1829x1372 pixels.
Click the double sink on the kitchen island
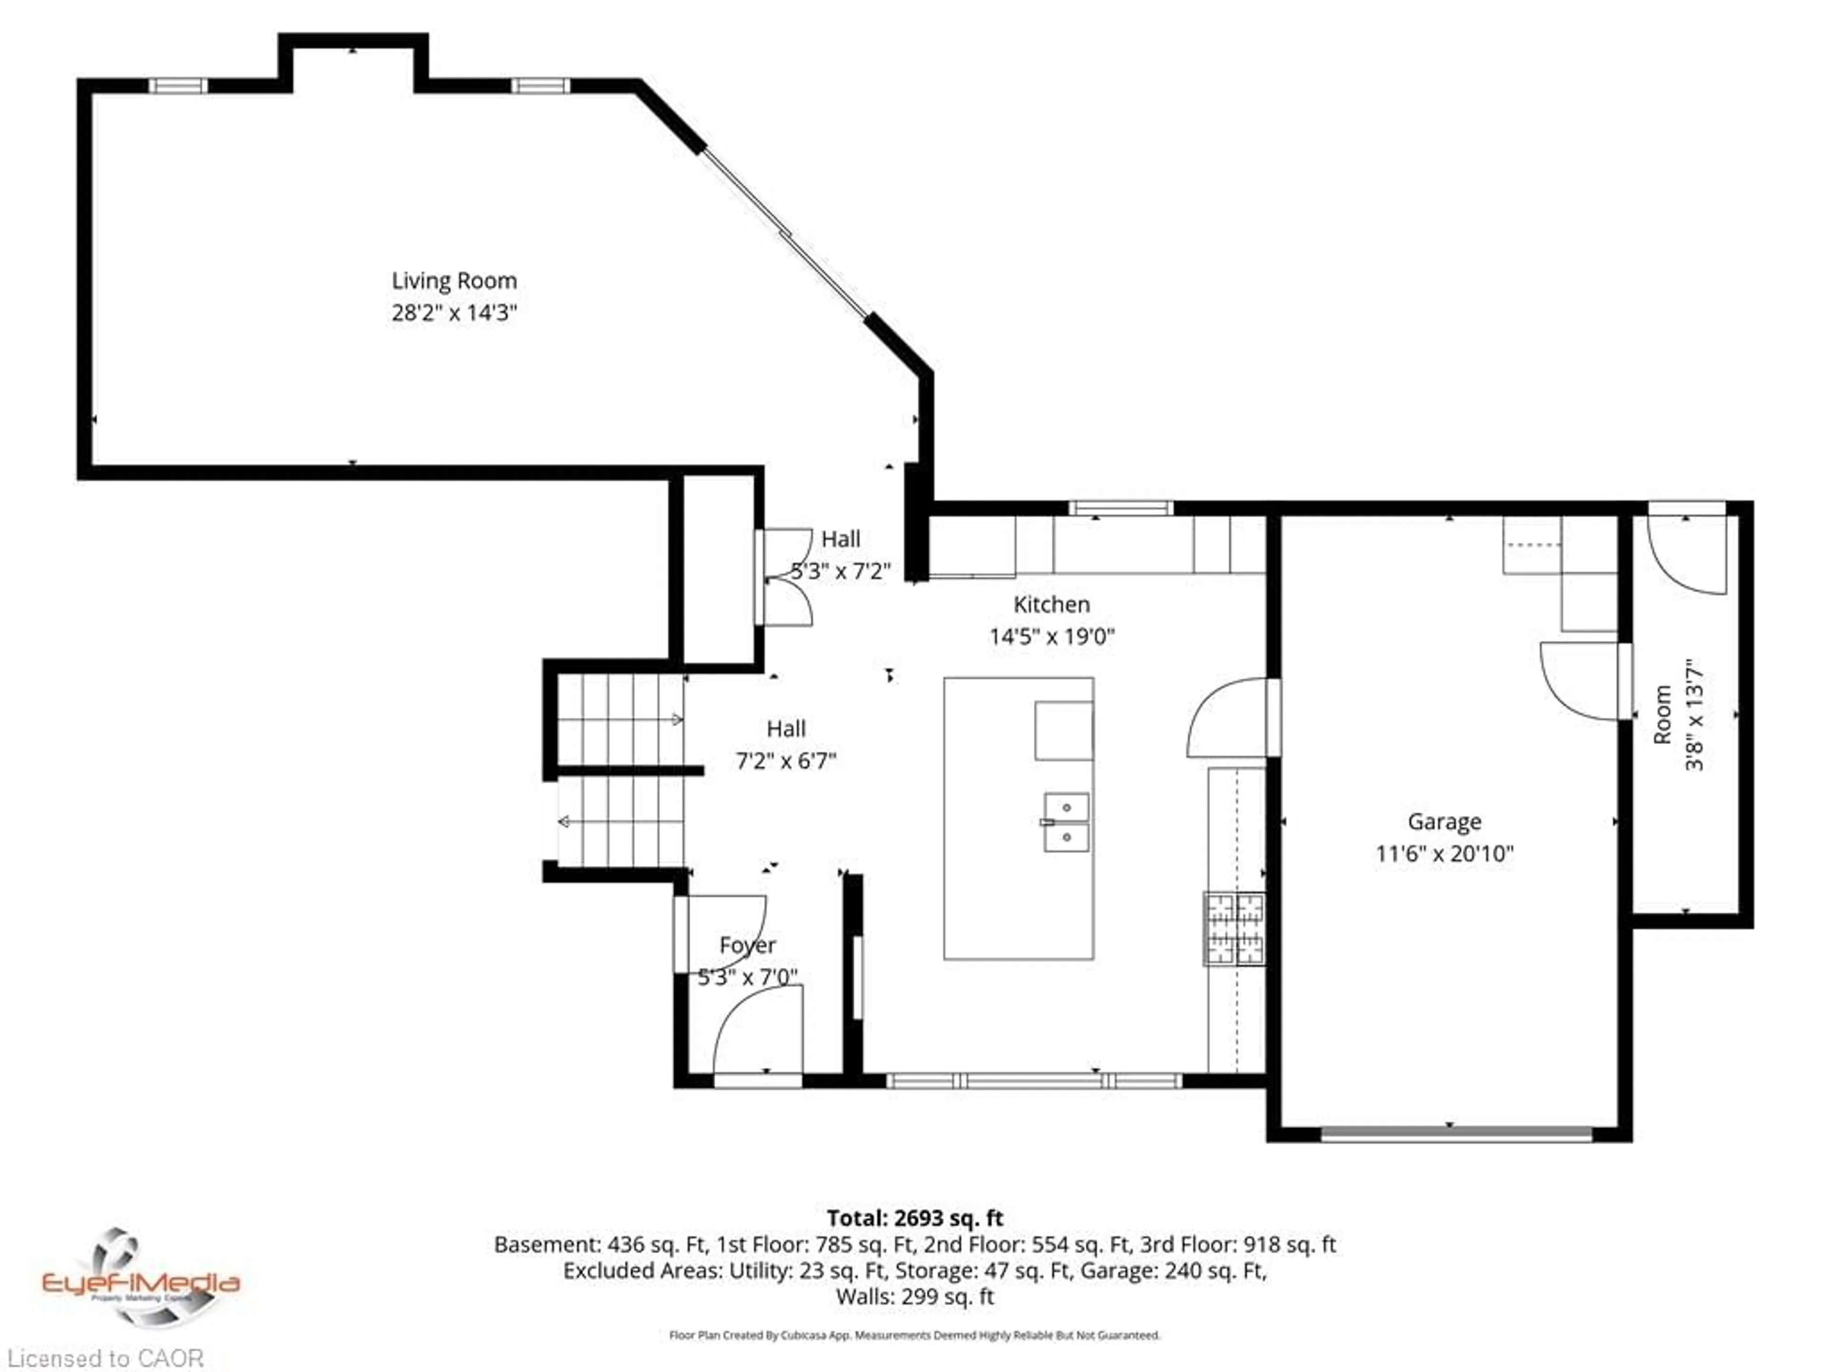1066,822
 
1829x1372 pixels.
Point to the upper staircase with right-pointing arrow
620,719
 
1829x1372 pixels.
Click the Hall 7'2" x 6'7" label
785,744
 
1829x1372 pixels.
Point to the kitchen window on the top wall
1120,508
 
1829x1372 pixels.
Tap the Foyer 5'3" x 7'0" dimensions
747,977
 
